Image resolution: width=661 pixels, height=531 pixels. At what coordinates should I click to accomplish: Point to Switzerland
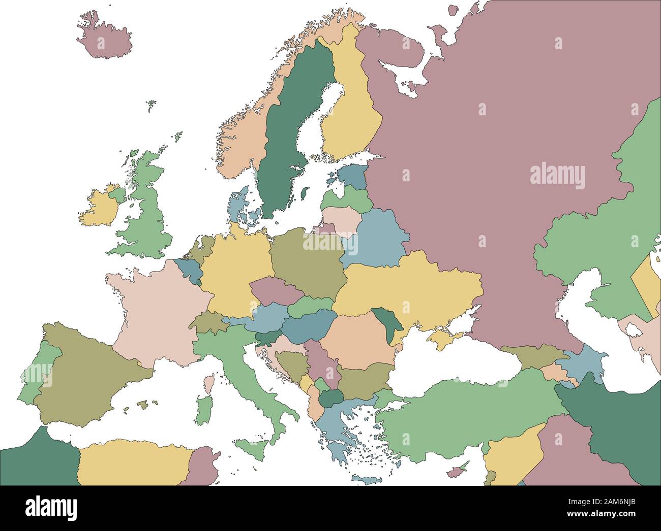(208, 322)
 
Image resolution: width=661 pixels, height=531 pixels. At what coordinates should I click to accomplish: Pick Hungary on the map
(308, 324)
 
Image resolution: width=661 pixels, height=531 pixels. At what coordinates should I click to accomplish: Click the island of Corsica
(208, 384)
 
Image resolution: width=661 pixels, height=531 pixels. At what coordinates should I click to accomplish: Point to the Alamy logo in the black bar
(51, 508)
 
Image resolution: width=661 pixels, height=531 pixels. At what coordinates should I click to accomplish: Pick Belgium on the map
(186, 270)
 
